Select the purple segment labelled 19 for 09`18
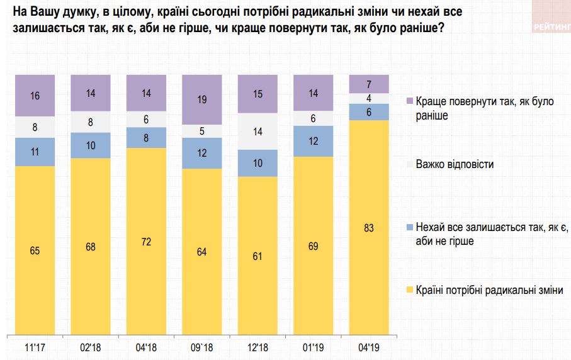click(x=202, y=99)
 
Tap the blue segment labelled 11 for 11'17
click(x=35, y=152)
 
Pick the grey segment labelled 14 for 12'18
click(x=257, y=132)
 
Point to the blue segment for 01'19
click(x=313, y=142)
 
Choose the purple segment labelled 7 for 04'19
click(x=369, y=84)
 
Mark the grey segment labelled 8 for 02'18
click(x=91, y=123)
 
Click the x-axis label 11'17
click(x=35, y=346)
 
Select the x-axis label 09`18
click(x=202, y=346)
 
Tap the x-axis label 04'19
click(x=369, y=346)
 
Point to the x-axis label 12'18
click(x=257, y=346)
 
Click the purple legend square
click(x=410, y=101)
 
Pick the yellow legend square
click(x=410, y=290)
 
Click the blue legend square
click(x=410, y=227)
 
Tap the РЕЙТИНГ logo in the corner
click(x=551, y=27)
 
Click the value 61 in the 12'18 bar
click(x=257, y=256)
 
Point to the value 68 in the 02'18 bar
click(x=91, y=246)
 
